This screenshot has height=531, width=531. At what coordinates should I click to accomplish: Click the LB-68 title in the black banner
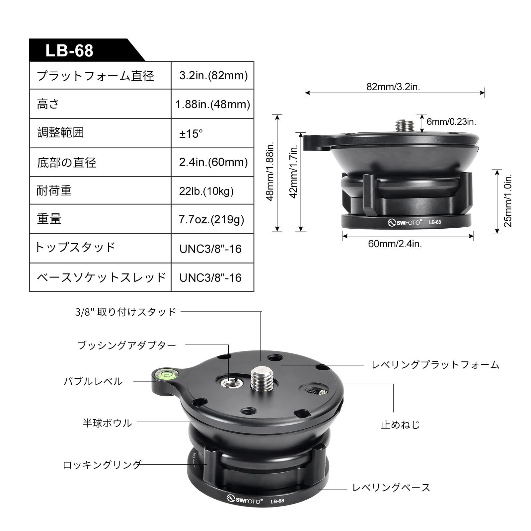coord(69,50)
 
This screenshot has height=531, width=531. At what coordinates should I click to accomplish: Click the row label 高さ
coord(48,104)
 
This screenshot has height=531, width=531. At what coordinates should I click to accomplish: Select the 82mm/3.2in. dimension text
coord(393,87)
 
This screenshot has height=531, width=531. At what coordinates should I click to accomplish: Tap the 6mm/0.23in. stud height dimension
coord(451,121)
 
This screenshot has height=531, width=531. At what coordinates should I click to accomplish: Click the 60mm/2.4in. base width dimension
coord(395,244)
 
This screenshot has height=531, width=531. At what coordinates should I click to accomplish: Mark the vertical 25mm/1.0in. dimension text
coord(507,200)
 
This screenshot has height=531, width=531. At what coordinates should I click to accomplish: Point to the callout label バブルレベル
coord(93,381)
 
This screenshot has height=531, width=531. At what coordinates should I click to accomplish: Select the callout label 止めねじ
coord(401,424)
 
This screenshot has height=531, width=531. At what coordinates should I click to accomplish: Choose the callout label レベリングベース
coord(391,488)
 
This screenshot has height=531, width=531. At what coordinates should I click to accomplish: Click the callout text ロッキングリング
coord(102,465)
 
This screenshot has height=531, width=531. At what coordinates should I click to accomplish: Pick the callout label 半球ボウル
coord(107,423)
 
